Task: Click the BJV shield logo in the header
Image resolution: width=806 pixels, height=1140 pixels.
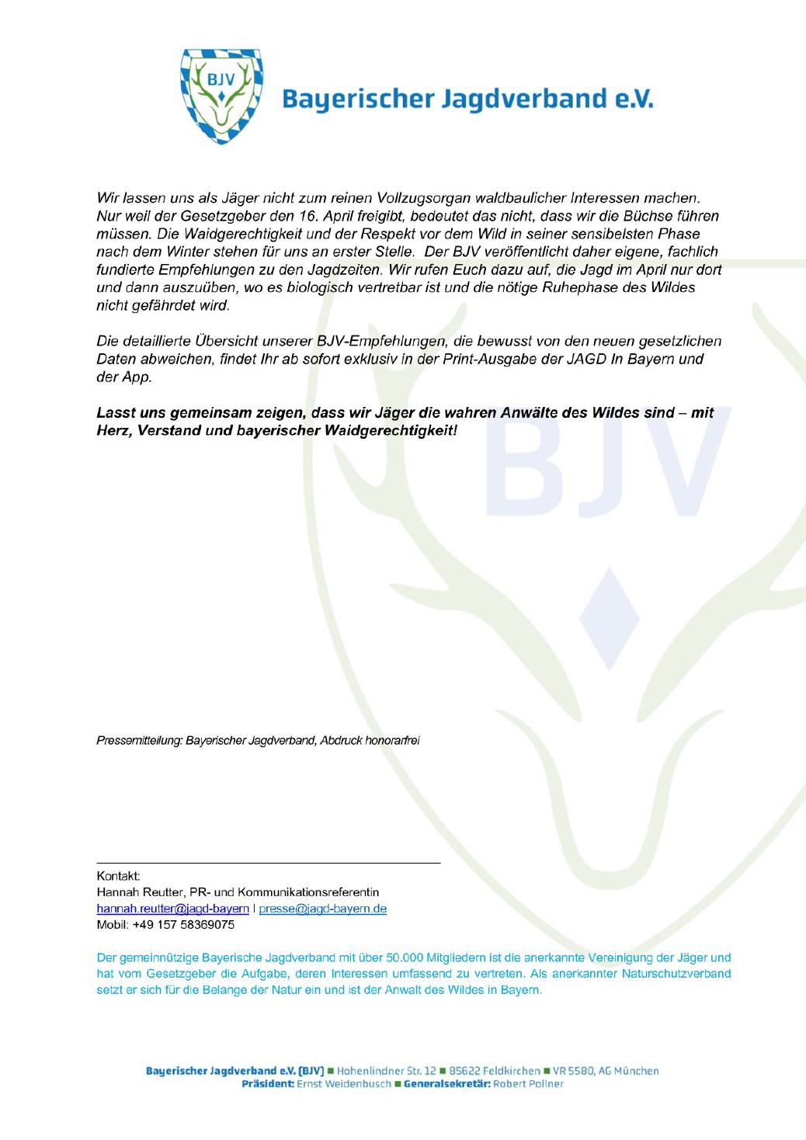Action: click(x=221, y=96)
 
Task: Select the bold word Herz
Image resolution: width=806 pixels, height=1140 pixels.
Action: click(x=111, y=430)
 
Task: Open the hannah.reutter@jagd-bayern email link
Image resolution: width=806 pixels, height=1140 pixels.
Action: click(x=172, y=909)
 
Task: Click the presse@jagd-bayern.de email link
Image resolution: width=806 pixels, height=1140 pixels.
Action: click(x=322, y=909)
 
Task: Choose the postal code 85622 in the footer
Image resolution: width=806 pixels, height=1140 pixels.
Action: click(x=486, y=1071)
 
